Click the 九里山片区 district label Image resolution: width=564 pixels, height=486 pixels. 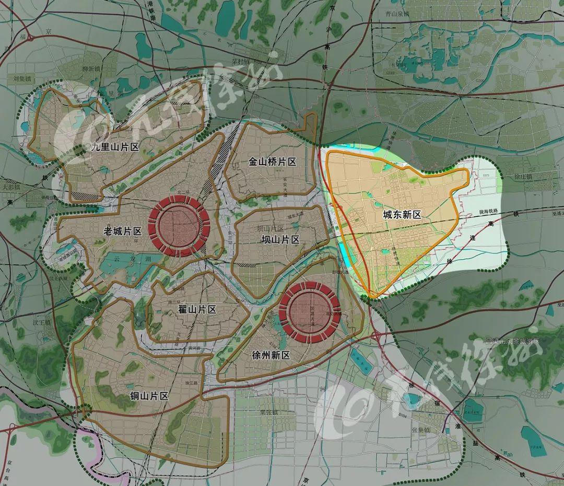[115, 147]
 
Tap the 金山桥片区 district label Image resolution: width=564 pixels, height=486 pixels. [272, 162]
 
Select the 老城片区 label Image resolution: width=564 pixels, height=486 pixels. [123, 231]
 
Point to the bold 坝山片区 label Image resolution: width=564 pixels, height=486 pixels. [280, 240]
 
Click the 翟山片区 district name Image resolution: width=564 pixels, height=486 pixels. [197, 309]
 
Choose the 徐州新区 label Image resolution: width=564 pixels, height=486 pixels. [271, 355]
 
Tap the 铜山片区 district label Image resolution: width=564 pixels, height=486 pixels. [149, 396]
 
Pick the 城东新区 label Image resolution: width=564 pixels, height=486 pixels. [402, 215]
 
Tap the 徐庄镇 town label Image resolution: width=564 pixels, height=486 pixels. [522, 177]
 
